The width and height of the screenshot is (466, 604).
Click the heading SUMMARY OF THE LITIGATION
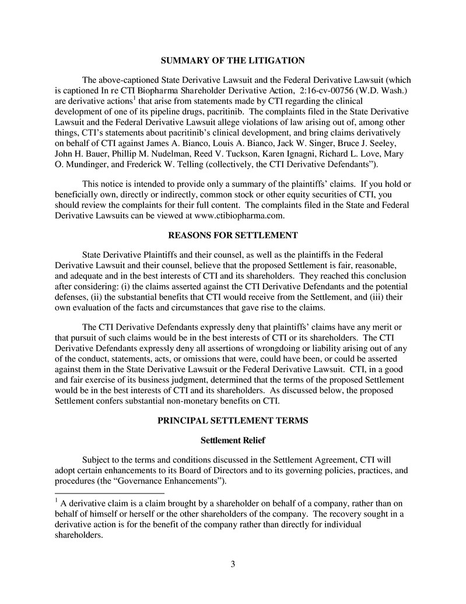(x=233, y=61)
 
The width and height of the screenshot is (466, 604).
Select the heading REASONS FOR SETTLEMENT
(x=233, y=235)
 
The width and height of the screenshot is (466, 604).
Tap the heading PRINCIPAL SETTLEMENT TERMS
(x=233, y=421)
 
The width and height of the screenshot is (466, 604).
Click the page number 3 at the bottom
(x=233, y=564)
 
